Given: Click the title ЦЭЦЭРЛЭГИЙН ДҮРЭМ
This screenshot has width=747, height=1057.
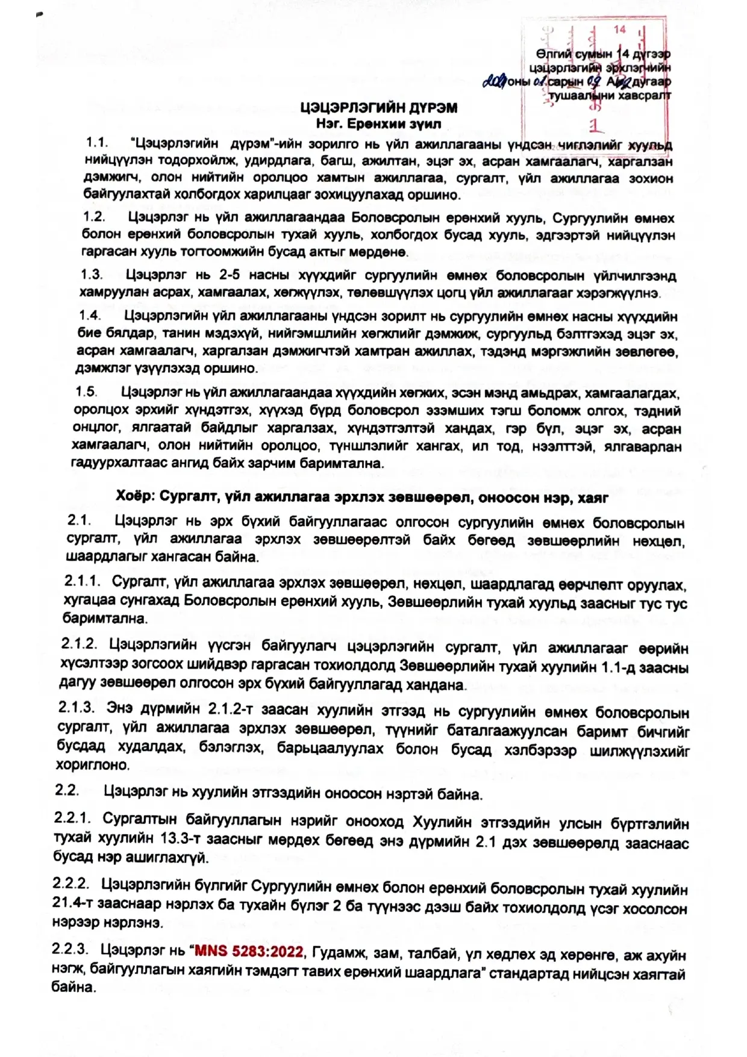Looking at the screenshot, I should (x=379, y=108).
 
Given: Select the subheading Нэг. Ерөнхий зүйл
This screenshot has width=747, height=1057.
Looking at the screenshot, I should (x=378, y=124).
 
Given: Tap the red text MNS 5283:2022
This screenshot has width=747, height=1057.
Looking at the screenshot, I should (x=249, y=952).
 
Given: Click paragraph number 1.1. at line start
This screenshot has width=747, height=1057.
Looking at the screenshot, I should (x=96, y=143).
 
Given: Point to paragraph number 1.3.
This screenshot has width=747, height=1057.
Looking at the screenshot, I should (x=92, y=275).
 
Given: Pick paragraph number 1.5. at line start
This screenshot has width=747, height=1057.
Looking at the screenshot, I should (x=86, y=392).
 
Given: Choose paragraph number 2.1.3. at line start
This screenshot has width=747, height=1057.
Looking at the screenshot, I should (x=77, y=707).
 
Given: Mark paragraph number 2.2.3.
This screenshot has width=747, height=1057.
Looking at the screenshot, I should (x=70, y=950).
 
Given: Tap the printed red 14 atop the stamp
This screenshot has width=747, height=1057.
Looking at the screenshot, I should (x=620, y=30).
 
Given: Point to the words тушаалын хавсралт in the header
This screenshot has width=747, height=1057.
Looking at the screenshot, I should (x=610, y=95).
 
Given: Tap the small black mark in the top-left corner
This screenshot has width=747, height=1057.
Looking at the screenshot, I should (x=40, y=14).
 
